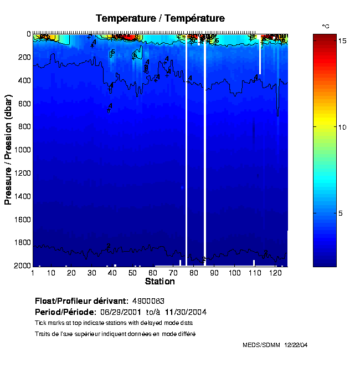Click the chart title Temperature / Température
[160, 18]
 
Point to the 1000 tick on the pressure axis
[23, 150]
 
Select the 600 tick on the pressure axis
[24, 104]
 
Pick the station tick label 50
[132, 273]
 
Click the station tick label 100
[235, 273]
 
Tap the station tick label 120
[275, 273]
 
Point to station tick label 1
[33, 273]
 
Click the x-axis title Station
[160, 282]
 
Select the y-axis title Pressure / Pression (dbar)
[8, 150]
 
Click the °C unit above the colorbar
[326, 27]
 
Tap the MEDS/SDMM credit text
[261, 345]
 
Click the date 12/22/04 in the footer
[296, 345]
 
